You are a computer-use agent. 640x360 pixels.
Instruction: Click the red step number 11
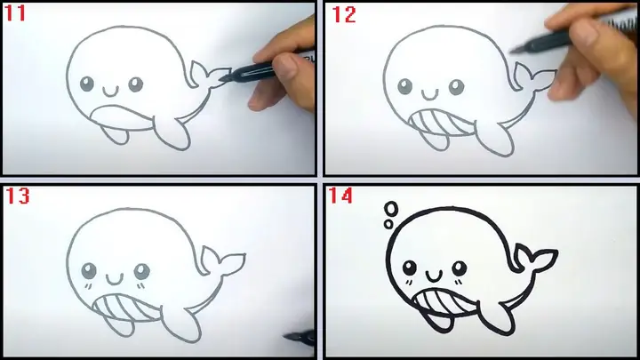[15, 13]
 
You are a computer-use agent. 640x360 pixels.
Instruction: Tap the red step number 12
[344, 15]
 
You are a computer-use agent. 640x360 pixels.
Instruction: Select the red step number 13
[18, 196]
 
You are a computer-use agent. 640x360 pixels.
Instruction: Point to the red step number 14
[340, 196]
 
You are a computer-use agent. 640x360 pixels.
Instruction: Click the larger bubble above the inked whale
[392, 208]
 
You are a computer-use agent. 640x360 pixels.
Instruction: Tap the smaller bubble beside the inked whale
[388, 224]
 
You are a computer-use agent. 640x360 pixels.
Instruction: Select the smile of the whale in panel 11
[110, 92]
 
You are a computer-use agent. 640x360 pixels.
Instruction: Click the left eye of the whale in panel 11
[86, 84]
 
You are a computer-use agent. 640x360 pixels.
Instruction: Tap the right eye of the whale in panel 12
[456, 87]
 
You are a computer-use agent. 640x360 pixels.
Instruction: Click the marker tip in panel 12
[514, 50]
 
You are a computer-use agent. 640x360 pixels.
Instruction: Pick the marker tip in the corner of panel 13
[286, 336]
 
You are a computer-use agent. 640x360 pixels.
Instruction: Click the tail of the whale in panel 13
[222, 263]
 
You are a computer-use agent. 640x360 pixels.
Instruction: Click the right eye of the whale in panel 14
[460, 268]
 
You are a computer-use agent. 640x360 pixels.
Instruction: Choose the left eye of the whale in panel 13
[89, 270]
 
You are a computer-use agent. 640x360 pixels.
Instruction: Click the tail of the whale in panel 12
[535, 77]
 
